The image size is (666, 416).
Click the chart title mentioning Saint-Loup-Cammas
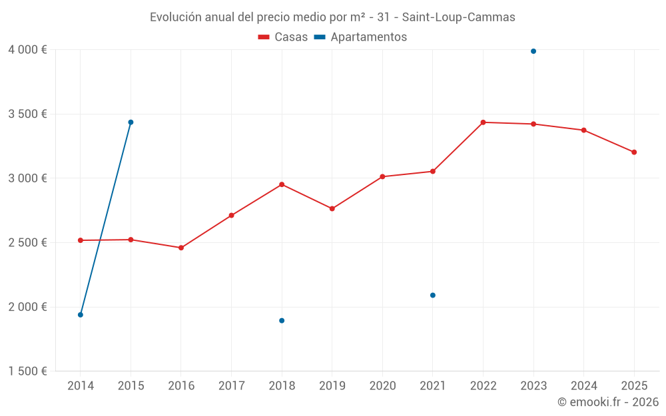tap(332, 17)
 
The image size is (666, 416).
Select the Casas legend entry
tap(283, 37)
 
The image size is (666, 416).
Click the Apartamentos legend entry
tap(360, 37)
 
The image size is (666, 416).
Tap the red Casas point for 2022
tap(483, 122)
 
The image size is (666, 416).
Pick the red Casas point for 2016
tap(181, 248)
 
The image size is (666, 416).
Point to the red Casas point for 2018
tap(282, 184)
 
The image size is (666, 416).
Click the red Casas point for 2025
tap(634, 152)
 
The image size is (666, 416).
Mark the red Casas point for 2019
tap(332, 209)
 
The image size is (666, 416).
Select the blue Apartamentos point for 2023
tap(533, 51)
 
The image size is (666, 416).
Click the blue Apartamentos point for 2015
tap(131, 122)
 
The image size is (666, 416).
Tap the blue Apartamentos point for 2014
tap(81, 315)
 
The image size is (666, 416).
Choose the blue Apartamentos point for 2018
tap(282, 321)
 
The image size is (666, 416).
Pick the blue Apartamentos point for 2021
tap(433, 296)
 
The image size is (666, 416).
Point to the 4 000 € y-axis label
tap(27, 50)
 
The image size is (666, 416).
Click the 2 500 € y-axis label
tap(27, 243)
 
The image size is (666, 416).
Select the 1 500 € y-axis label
tap(27, 371)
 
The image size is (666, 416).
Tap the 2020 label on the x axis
tap(382, 386)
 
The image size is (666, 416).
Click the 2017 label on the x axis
tap(231, 386)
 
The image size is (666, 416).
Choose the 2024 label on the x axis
tap(583, 386)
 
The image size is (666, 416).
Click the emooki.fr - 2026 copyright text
tap(607, 402)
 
